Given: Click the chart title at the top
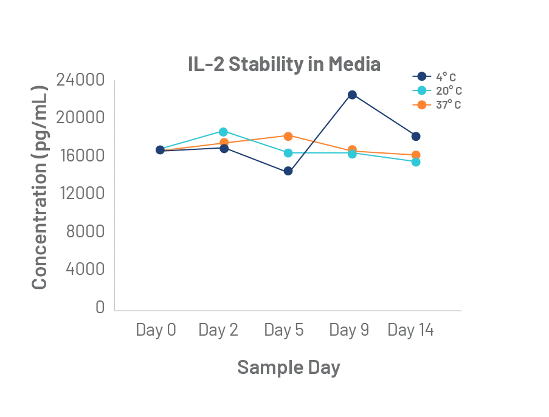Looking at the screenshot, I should click(x=285, y=64).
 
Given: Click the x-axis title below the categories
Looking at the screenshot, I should click(x=286, y=367).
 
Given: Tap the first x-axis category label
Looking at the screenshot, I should click(x=159, y=333).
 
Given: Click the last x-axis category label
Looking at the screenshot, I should click(x=412, y=333).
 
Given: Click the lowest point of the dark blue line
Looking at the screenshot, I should click(x=289, y=172).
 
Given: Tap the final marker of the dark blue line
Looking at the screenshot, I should click(x=416, y=136).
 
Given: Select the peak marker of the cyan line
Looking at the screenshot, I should click(x=224, y=132).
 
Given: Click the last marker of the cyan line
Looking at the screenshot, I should click(x=416, y=162).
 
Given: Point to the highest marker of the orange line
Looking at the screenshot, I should click(x=289, y=137).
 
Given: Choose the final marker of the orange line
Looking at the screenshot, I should click(x=416, y=155).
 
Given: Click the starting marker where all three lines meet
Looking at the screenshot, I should click(x=160, y=149).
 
